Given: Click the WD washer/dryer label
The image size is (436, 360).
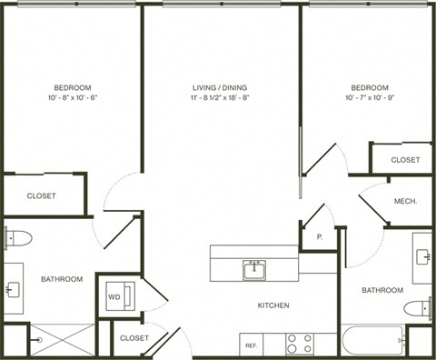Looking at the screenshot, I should pyautogui.click(x=114, y=296).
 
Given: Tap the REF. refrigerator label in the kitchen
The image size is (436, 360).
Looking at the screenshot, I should pyautogui.click(x=250, y=345).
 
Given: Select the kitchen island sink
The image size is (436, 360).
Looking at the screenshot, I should pyautogui.click(x=253, y=269).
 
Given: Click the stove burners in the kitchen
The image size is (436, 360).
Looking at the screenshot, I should pyautogui.click(x=300, y=344).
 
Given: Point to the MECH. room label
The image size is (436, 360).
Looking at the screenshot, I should pyautogui.click(x=405, y=201).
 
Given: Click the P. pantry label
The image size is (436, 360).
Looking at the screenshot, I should pyautogui.click(x=320, y=237).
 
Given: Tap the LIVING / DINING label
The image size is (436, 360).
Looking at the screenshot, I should pyautogui.click(x=222, y=87).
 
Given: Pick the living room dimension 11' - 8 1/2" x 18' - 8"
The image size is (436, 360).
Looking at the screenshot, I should pyautogui.click(x=222, y=100).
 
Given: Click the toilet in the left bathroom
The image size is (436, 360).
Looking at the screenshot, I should pyautogui.click(x=18, y=238).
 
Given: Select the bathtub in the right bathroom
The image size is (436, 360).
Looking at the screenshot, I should pyautogui.click(x=372, y=342).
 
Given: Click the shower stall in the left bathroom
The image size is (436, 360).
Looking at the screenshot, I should pyautogui.click(x=62, y=340).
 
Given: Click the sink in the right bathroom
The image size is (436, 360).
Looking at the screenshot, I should pyautogui.click(x=423, y=256).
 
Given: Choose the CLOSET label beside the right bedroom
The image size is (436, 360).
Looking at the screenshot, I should pyautogui.click(x=405, y=159).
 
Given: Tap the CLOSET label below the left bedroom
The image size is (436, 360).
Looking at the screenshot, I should pyautogui.click(x=41, y=195).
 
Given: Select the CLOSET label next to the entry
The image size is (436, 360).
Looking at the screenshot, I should pyautogui.click(x=134, y=337).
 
